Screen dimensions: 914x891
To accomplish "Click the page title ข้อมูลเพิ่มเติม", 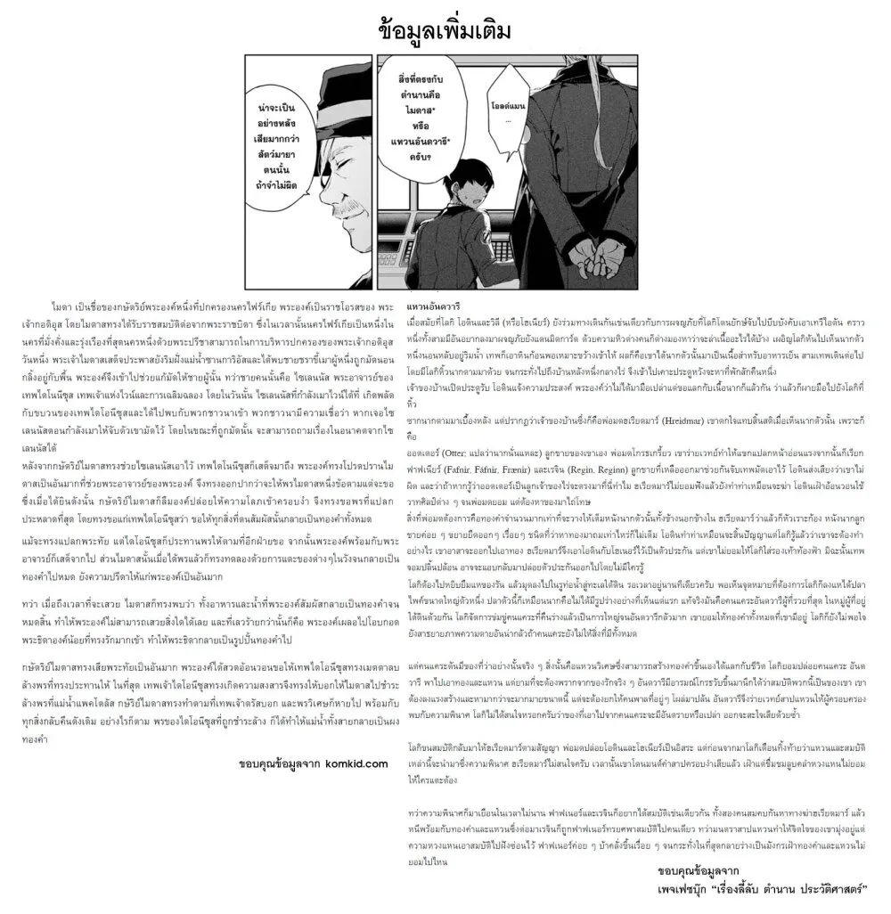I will click(445, 29).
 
